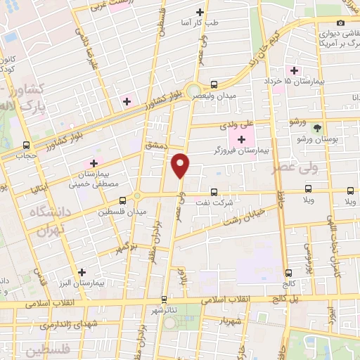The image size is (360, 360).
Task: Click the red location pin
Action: tap(181, 165)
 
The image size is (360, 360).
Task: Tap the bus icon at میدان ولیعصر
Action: tap(214, 84)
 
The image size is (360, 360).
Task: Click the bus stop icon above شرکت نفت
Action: tap(214, 191)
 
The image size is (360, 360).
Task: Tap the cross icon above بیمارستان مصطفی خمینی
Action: tap(94, 163)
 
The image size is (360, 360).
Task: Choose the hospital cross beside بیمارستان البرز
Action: tap(82, 271)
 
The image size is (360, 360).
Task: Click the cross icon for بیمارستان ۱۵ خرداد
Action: tap(294, 70)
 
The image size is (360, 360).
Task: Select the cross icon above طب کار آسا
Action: tap(200, 12)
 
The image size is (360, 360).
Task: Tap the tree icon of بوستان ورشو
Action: tap(317, 129)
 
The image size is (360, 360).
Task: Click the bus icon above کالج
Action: tap(288, 273)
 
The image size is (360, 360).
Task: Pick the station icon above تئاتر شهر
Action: tap(164, 298)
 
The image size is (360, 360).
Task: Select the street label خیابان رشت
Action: tap(243, 216)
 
